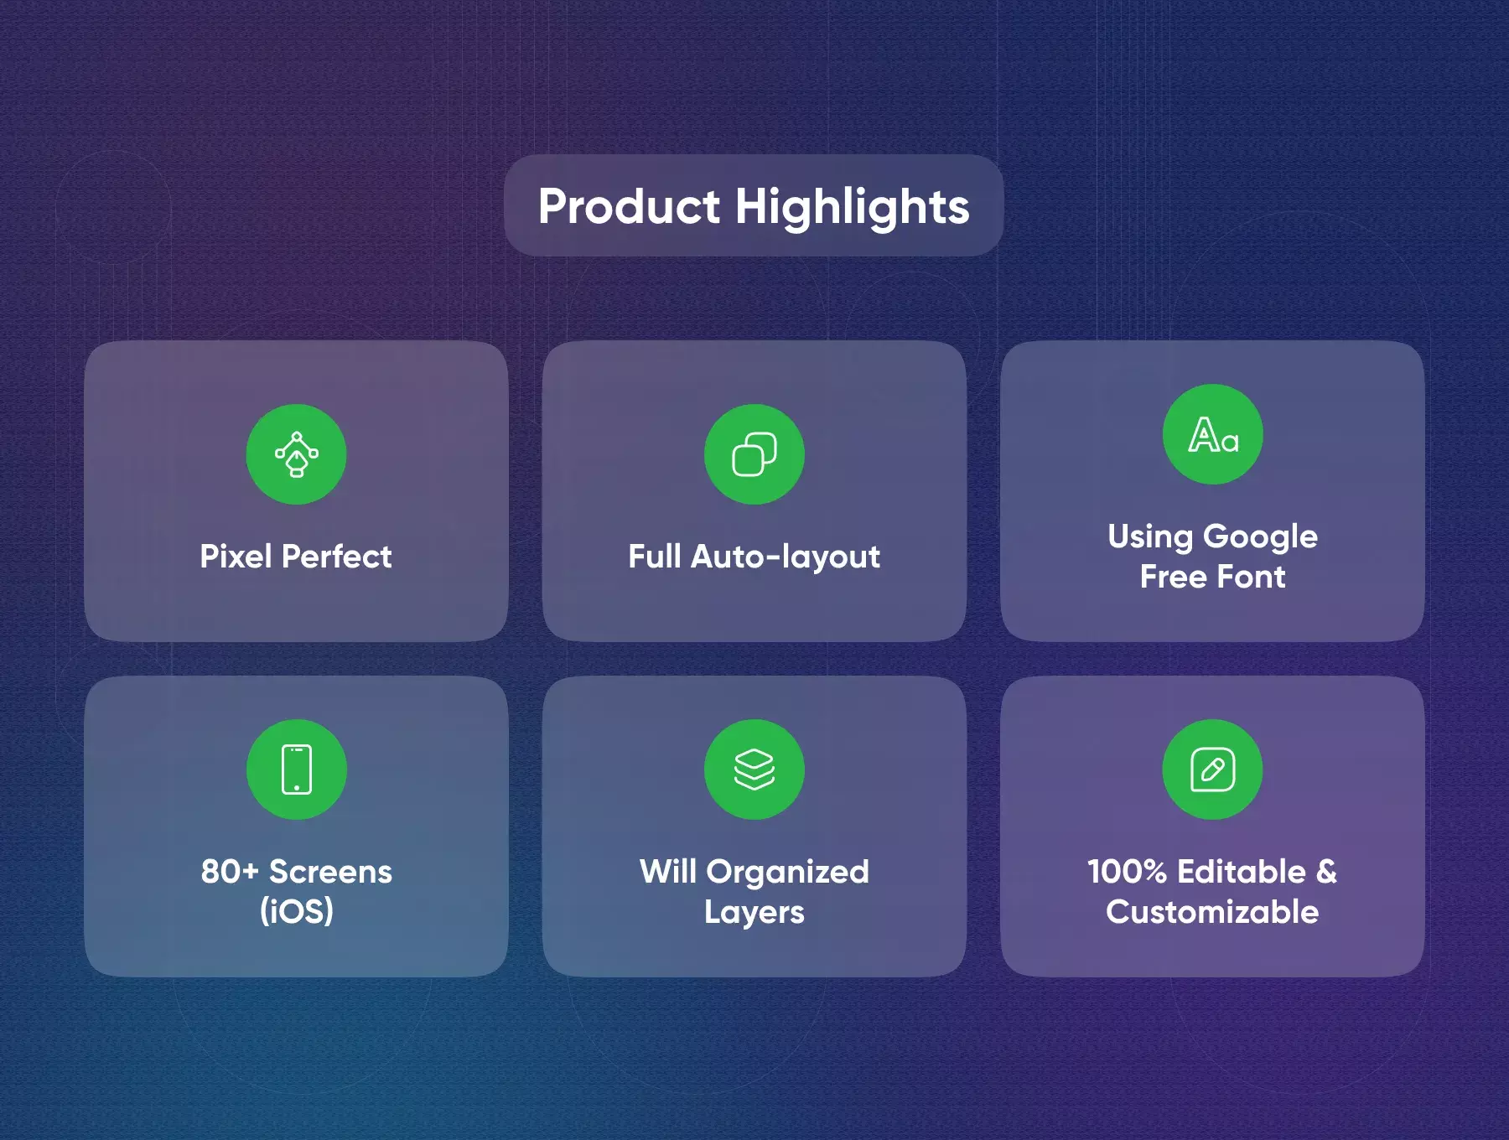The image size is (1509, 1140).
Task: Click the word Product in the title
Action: (x=629, y=206)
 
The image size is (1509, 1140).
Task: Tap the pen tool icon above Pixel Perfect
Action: (x=296, y=454)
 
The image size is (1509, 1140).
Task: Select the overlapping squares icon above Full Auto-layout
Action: (x=754, y=454)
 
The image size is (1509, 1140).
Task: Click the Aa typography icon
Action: (x=1213, y=434)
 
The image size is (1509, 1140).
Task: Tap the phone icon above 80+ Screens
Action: (x=297, y=769)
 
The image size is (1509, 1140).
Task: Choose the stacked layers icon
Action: (x=754, y=769)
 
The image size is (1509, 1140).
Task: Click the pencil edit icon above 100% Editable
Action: (x=1213, y=769)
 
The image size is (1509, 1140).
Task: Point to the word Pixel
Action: (x=236, y=557)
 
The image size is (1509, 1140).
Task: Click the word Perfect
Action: (x=337, y=557)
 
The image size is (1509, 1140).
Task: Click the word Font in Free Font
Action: (x=1251, y=577)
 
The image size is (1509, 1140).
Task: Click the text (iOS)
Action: (x=297, y=912)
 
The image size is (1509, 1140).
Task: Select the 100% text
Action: (x=1127, y=872)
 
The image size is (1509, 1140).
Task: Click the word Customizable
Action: (x=1212, y=912)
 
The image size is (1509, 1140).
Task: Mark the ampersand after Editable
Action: (x=1326, y=872)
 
